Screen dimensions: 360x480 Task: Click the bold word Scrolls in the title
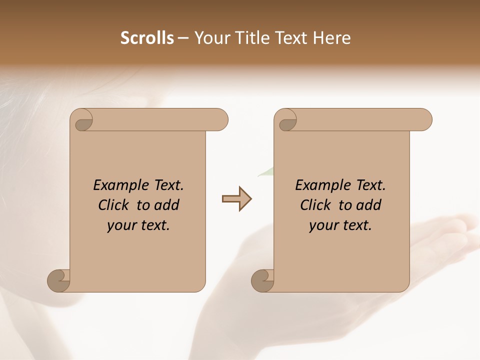click(147, 38)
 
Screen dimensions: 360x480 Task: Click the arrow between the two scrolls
click(237, 199)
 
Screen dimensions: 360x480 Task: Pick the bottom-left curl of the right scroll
click(262, 280)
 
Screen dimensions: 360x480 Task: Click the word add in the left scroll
click(166, 205)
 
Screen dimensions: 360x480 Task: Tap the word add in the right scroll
click(368, 205)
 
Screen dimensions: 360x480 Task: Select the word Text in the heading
click(292, 38)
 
